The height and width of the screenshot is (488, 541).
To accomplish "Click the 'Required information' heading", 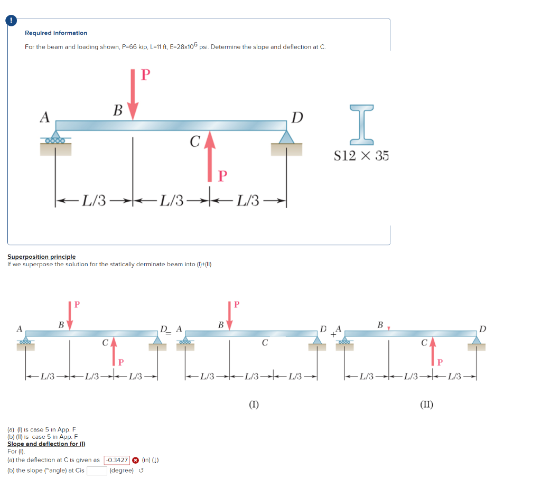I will pyautogui.click(x=56, y=33).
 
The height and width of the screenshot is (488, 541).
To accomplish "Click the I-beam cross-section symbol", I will pyautogui.click(x=361, y=125).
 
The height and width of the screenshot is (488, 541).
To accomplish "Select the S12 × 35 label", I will pyautogui.click(x=361, y=156).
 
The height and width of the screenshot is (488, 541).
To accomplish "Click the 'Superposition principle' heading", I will pyautogui.click(x=41, y=257).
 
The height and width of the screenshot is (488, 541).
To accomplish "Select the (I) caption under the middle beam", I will pyautogui.click(x=254, y=405).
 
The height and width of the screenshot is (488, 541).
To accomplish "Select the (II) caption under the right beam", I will pyautogui.click(x=427, y=405).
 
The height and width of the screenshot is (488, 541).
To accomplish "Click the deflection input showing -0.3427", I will pyautogui.click(x=117, y=460).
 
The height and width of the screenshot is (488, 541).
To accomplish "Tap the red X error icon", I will pyautogui.click(x=135, y=460).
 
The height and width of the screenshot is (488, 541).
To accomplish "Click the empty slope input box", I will pyautogui.click(x=97, y=471).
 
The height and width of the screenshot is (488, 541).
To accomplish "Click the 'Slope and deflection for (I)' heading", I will pyautogui.click(x=46, y=444).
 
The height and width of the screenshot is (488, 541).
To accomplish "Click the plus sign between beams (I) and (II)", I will pyautogui.click(x=333, y=333).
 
